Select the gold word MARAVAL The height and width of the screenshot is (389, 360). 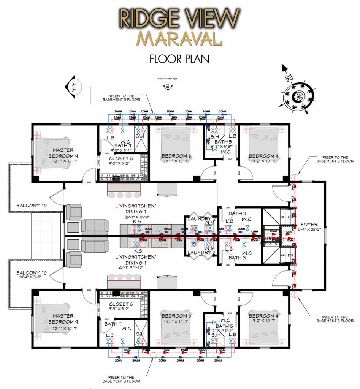[x=179, y=39]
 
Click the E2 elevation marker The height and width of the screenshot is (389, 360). [x=168, y=88]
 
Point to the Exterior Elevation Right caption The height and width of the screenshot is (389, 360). [x=168, y=79]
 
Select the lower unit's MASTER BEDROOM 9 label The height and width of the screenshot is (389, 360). [x=63, y=319]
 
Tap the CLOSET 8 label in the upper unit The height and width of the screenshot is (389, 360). [x=121, y=159]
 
